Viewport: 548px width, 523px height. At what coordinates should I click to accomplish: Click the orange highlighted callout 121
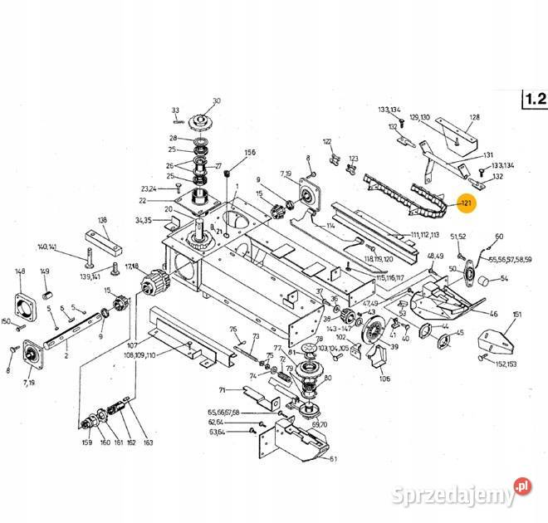(466, 203)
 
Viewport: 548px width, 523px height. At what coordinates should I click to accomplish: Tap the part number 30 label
(217, 101)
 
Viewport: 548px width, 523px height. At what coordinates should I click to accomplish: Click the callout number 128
(474, 117)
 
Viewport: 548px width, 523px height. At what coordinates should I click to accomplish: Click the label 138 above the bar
(103, 220)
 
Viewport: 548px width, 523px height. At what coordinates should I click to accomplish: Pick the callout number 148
(20, 271)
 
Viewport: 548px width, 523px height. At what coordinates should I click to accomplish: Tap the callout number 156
(250, 153)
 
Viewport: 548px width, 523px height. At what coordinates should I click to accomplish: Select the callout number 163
(149, 442)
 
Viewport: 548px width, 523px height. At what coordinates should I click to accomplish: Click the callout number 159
(86, 442)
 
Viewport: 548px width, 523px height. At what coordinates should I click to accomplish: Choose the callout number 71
(223, 389)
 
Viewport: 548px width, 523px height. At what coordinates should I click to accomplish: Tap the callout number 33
(175, 110)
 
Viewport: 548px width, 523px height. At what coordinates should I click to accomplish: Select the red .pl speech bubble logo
(522, 484)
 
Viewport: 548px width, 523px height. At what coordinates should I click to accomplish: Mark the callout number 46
(493, 314)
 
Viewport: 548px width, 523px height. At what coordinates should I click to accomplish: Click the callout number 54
(504, 279)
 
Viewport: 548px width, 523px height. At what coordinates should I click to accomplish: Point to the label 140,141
(47, 247)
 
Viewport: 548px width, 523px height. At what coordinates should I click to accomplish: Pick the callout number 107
(132, 345)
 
